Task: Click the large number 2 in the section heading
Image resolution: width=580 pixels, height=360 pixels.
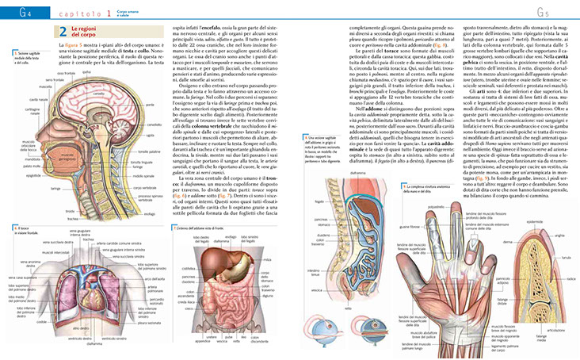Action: pyautogui.click(x=63, y=32)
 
